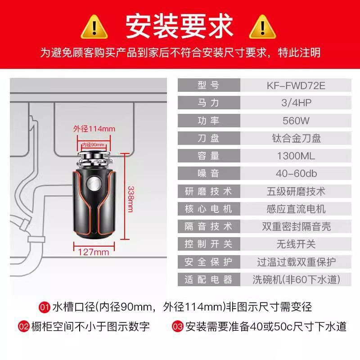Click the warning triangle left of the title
[x=94, y=27]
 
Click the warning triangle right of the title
[x=262, y=27]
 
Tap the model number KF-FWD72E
[x=296, y=85]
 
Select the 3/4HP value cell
[x=296, y=103]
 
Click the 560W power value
[x=296, y=121]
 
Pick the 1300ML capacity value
[x=296, y=156]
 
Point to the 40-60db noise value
[x=296, y=173]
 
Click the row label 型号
[x=208, y=85]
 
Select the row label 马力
[x=208, y=103]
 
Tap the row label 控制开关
[x=208, y=244]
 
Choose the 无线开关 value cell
[x=296, y=244]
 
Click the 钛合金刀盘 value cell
[x=296, y=138]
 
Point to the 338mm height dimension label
[x=130, y=199]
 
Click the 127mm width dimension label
[x=94, y=252]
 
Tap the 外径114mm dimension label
[x=94, y=129]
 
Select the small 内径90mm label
[x=94, y=144]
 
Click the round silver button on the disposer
[x=94, y=183]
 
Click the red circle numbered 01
[x=45, y=307]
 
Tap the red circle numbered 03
[x=177, y=327]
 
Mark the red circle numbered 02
[x=24, y=327]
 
